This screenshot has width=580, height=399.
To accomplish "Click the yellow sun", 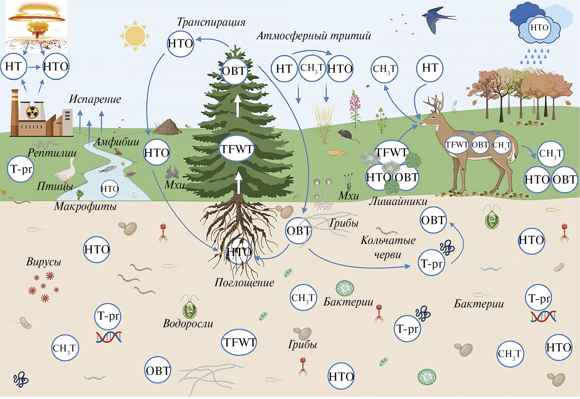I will [135, 36].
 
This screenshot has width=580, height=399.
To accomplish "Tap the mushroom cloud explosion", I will [36, 22].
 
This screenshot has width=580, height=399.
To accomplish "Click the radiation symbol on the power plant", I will [32, 112].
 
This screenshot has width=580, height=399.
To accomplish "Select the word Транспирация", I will [211, 22].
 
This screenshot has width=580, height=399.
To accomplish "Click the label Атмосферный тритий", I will [314, 36].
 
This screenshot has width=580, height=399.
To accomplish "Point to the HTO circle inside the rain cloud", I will [539, 28].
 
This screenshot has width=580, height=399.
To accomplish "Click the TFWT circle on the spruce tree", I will [237, 149].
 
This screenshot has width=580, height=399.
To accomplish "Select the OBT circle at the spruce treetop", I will [234, 71].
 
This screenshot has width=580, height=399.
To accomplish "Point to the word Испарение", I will [95, 99].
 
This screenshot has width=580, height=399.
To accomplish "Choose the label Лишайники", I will [398, 201].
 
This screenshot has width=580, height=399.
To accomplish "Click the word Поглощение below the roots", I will [244, 282].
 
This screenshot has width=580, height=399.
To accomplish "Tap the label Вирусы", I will [44, 262].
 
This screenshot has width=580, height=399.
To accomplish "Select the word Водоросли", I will [188, 323].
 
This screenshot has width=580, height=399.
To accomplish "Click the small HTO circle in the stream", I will [109, 189].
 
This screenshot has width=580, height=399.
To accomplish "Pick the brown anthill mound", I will [168, 127].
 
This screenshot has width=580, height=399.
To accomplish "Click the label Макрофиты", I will [85, 206].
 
